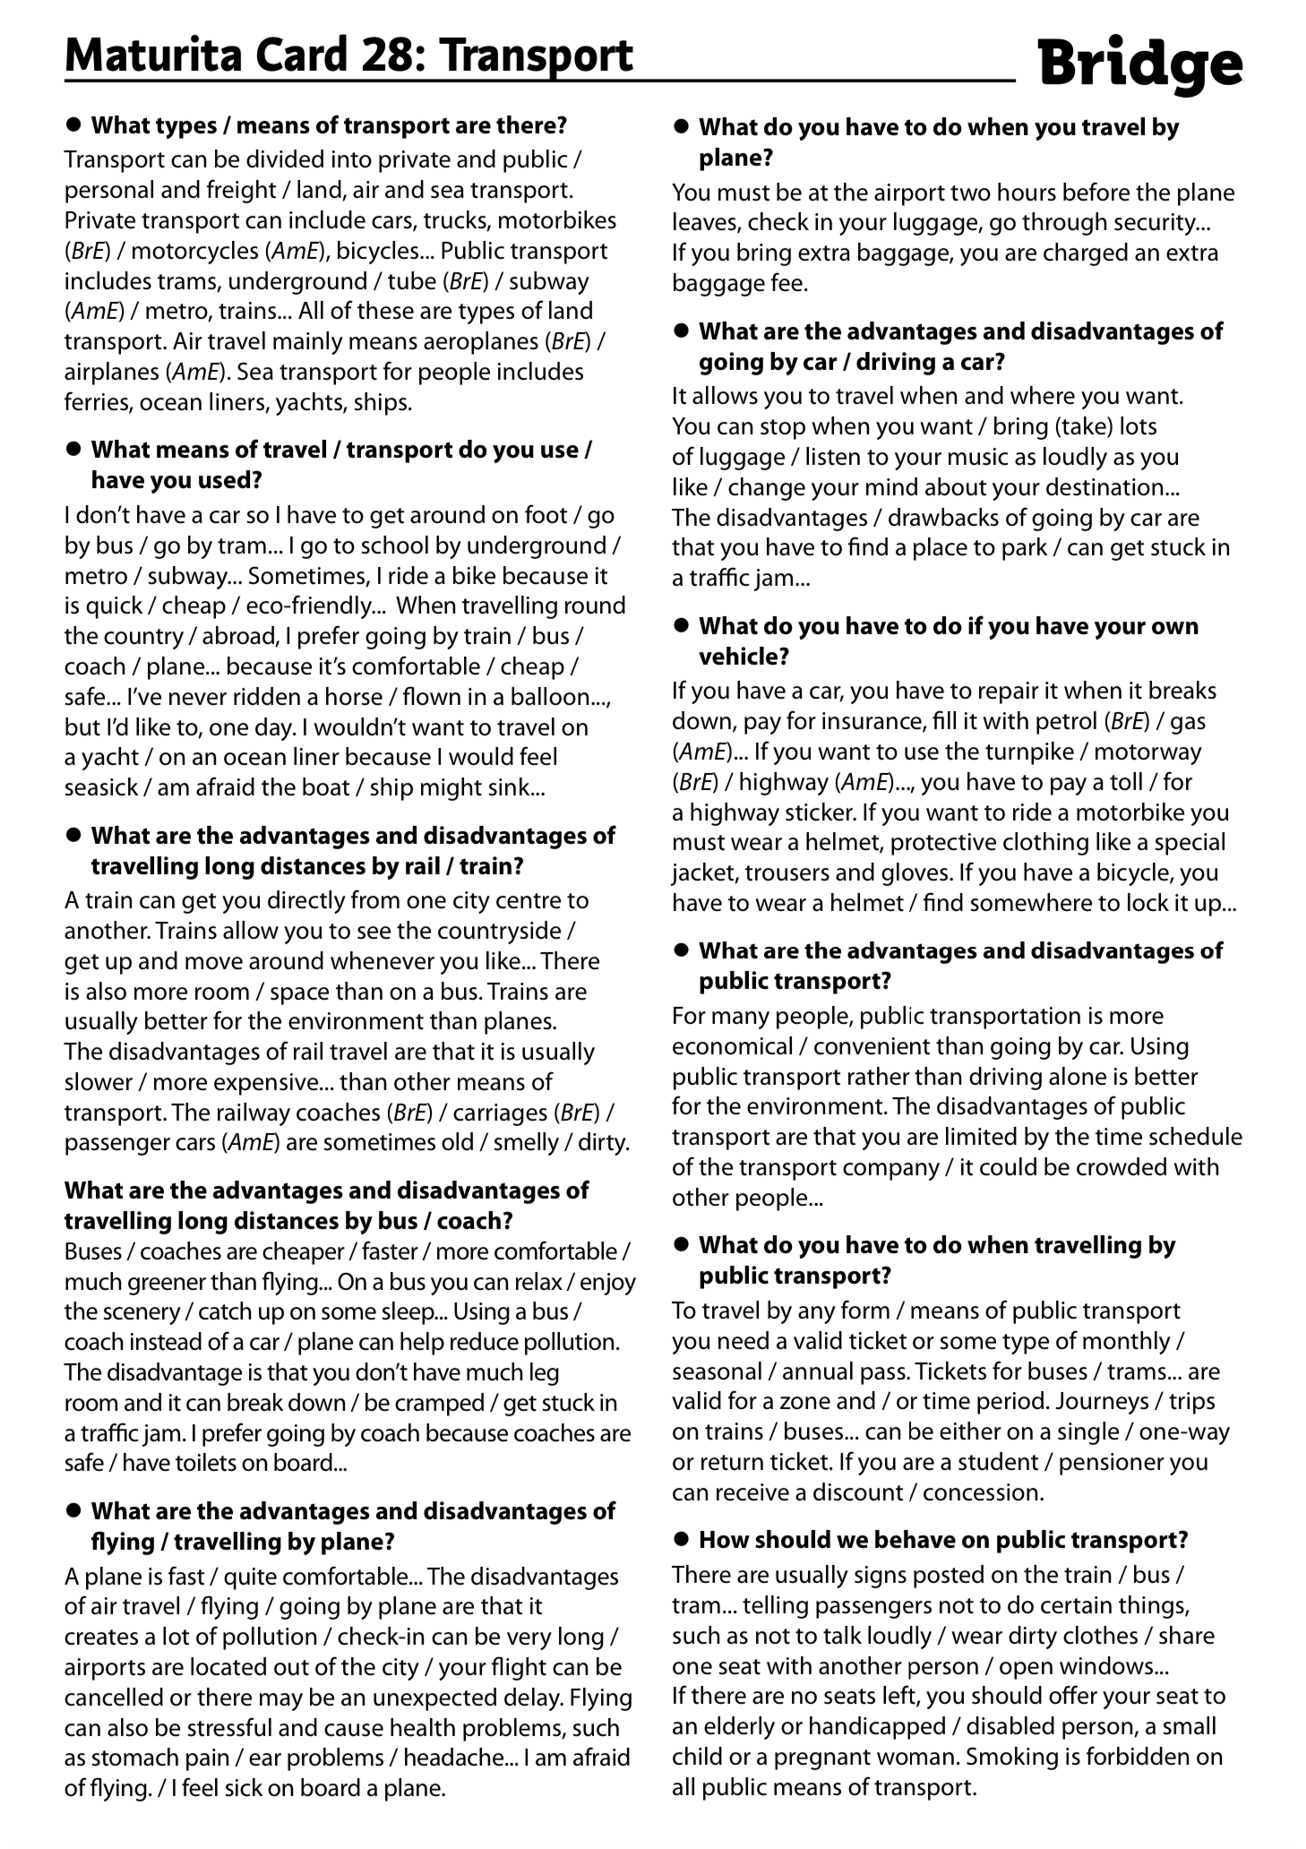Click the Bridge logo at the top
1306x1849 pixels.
1140,64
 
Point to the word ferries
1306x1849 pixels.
99,402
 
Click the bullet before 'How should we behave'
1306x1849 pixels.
682,1539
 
